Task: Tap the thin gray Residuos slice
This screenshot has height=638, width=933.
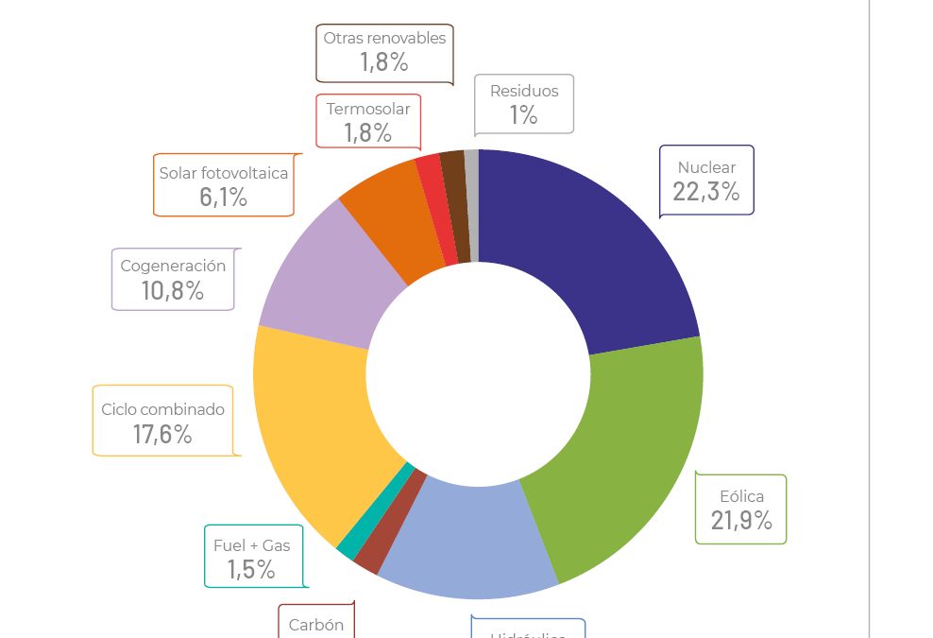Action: pyautogui.click(x=471, y=203)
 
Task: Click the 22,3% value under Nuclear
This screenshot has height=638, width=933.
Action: pyautogui.click(x=705, y=192)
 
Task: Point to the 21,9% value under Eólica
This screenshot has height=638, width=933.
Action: pyautogui.click(x=741, y=520)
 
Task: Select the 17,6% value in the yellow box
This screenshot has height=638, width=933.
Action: pyautogui.click(x=162, y=434)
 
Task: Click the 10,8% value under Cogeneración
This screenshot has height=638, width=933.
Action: pyautogui.click(x=173, y=290)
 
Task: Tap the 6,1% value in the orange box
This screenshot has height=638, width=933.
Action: pyautogui.click(x=223, y=197)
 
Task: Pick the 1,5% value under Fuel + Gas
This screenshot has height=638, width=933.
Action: pyautogui.click(x=251, y=569)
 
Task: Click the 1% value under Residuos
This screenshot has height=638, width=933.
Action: pyautogui.click(x=523, y=115)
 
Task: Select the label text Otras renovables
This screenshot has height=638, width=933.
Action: pyautogui.click(x=384, y=39)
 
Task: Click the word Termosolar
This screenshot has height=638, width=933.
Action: pyautogui.click(x=368, y=109)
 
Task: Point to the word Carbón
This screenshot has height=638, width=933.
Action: pyautogui.click(x=316, y=625)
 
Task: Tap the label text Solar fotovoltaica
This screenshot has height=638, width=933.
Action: pyautogui.click(x=224, y=173)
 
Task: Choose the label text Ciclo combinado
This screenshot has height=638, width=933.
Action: pyautogui.click(x=163, y=409)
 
